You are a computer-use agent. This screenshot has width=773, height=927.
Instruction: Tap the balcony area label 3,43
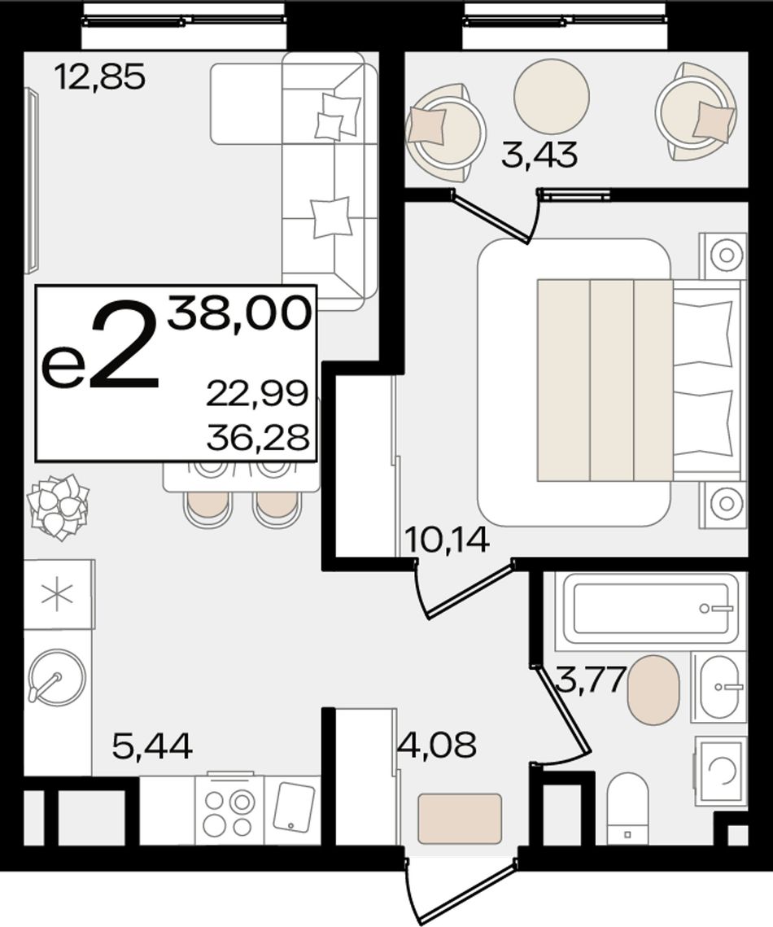539,155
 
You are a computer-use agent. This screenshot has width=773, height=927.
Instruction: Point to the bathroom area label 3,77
591,680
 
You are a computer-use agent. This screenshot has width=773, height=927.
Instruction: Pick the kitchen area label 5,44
152,746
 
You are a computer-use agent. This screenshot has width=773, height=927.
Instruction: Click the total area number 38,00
238,313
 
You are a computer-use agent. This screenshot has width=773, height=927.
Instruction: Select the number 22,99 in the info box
258,393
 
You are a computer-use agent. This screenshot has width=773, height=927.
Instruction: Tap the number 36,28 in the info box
258,438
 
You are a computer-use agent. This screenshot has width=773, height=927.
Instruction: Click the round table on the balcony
552,96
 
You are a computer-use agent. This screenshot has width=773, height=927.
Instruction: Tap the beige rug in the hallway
460,819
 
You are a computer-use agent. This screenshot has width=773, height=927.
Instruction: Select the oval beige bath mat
653,689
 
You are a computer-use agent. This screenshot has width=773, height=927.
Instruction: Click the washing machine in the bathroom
720,771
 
